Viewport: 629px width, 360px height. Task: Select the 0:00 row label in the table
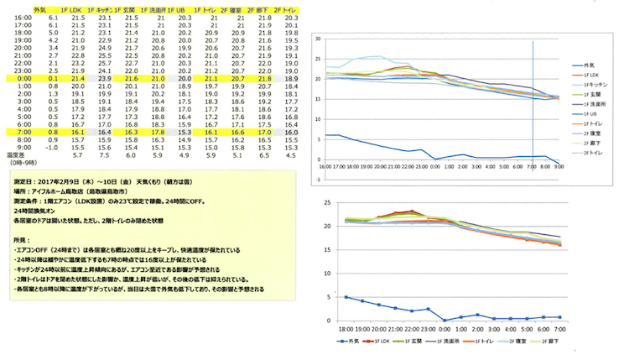[23, 77]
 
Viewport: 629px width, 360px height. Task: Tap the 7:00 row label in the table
[23, 132]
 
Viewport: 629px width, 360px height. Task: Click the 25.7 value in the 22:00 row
[106, 61]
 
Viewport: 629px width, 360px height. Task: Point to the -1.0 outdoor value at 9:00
[53, 147]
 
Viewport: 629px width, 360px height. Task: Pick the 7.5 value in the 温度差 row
[106, 155]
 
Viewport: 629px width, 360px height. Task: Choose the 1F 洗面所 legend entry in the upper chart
[585, 103]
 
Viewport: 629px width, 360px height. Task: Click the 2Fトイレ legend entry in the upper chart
[585, 154]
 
